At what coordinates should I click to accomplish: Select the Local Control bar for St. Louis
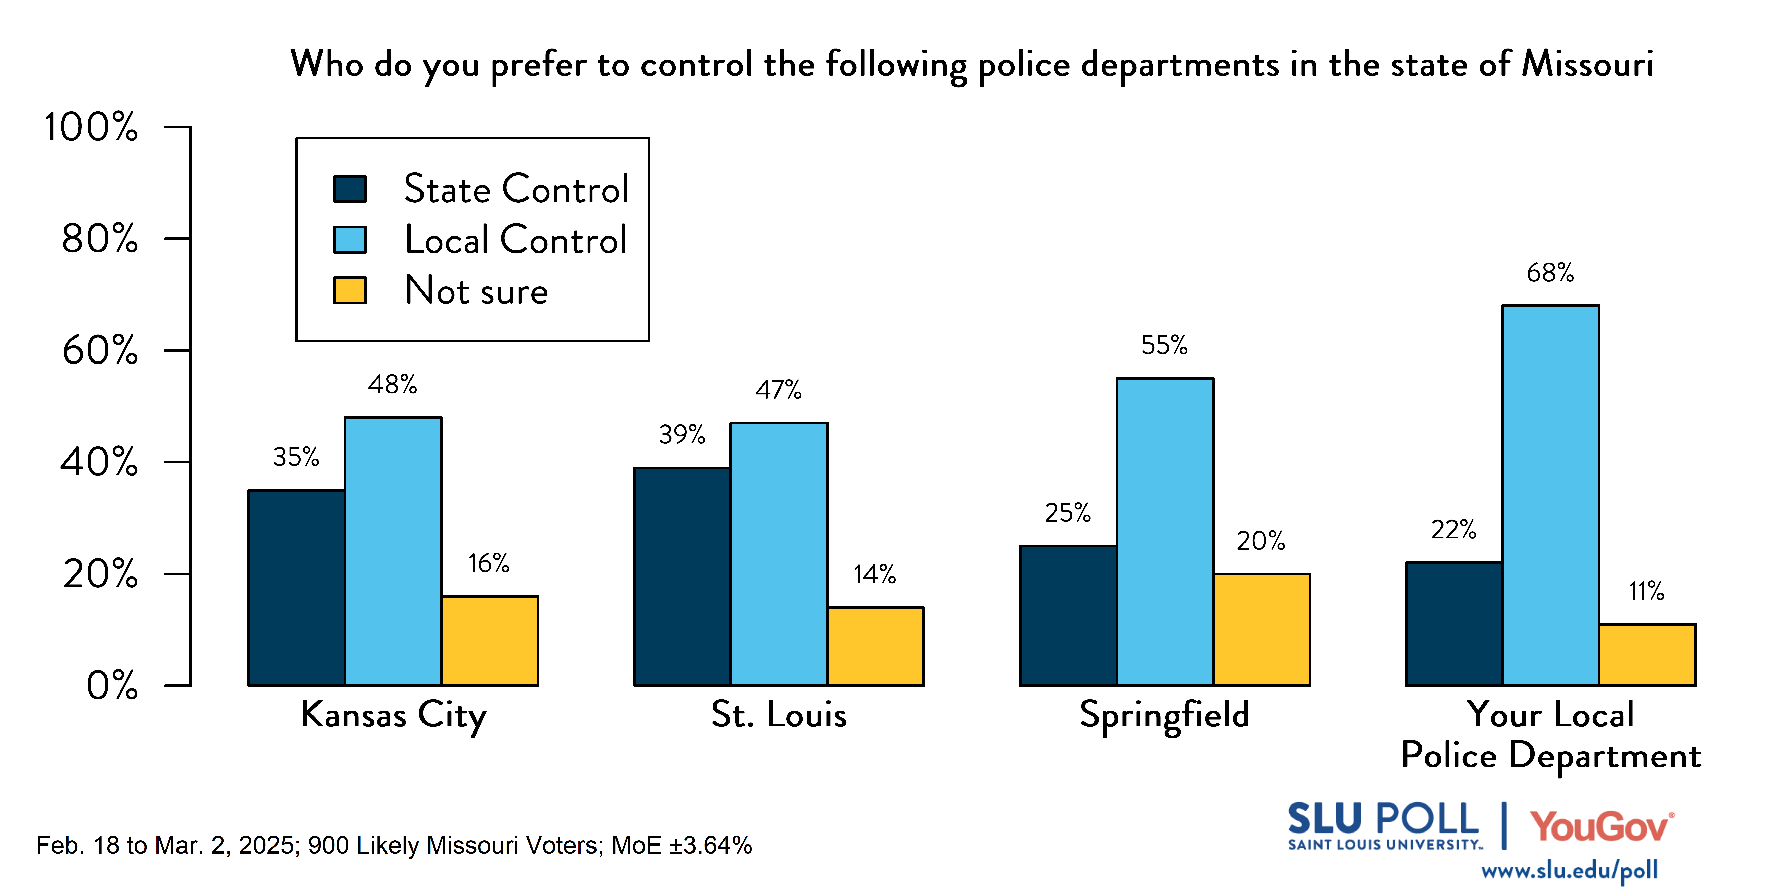click(x=779, y=554)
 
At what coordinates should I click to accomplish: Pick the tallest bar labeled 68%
click(x=1550, y=496)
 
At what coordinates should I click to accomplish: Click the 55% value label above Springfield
click(x=1164, y=345)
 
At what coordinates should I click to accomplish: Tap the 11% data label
click(x=1646, y=592)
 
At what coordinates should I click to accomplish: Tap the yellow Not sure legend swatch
click(x=349, y=291)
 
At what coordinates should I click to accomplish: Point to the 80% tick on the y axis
click(x=100, y=239)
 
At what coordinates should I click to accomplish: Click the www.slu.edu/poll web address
click(x=1569, y=870)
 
